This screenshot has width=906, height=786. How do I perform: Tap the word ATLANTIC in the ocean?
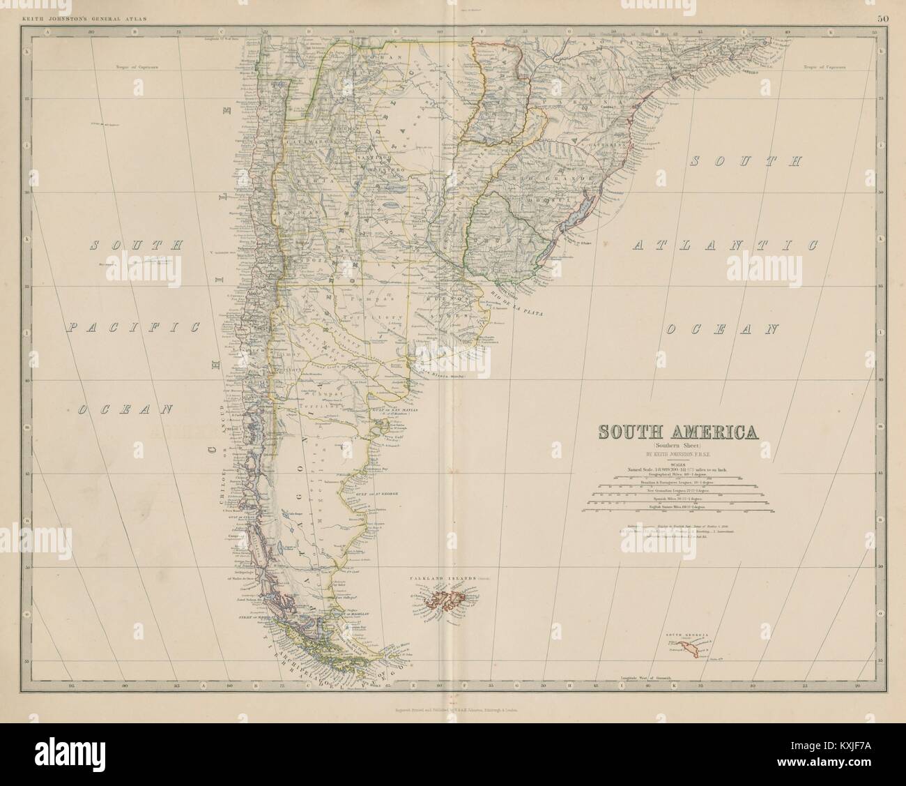point(725,245)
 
